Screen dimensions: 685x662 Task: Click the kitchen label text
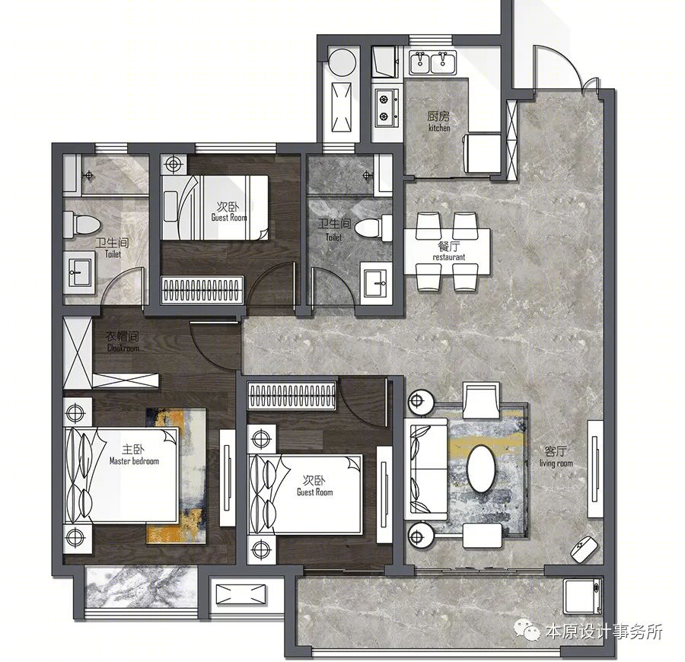[439, 128]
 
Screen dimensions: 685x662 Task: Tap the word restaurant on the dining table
[448, 257]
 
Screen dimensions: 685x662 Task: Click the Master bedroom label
[134, 460]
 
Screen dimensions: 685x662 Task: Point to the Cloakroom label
[123, 348]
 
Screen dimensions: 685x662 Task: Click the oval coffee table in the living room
[481, 468]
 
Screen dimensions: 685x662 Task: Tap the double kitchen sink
[433, 63]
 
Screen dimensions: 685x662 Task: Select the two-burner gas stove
[387, 108]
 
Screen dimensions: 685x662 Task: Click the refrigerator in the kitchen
[483, 153]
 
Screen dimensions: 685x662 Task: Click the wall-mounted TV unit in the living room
[595, 469]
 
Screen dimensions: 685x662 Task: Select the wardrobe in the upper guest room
[202, 289]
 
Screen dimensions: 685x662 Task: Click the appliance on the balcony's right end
[582, 596]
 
